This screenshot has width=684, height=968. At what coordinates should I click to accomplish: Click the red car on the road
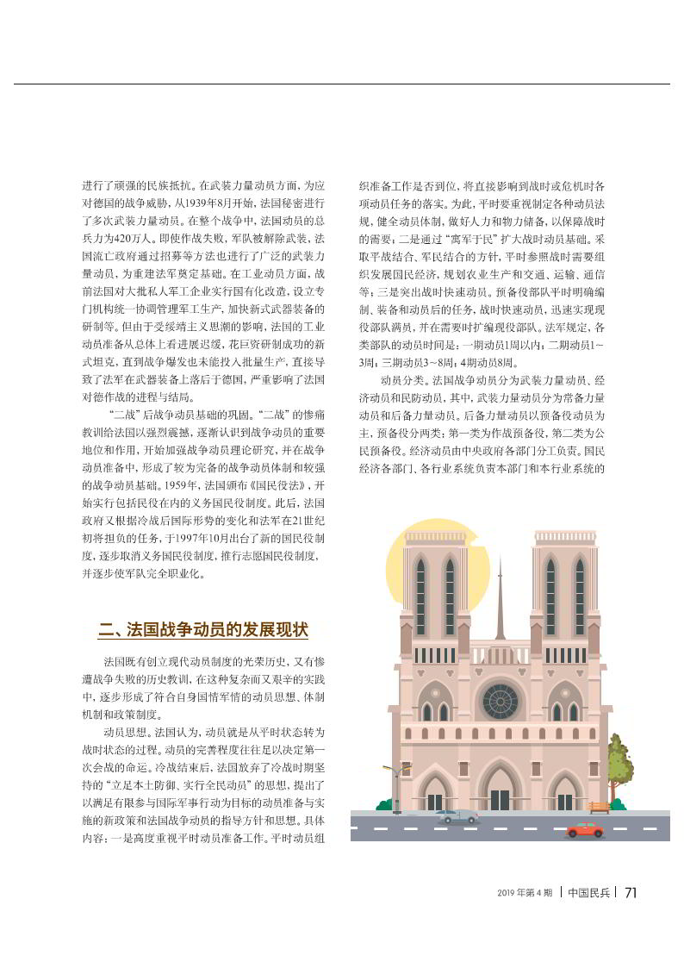585,829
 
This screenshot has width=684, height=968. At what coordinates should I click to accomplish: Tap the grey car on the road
457,815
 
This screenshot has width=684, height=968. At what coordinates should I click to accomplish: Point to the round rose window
500,701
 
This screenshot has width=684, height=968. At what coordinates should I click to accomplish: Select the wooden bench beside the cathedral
599,807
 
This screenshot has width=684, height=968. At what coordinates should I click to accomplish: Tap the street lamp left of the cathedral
395,784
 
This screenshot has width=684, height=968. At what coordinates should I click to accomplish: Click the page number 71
631,892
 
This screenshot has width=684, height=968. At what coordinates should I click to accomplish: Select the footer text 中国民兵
589,892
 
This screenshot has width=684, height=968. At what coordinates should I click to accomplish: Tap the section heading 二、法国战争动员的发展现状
202,630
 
